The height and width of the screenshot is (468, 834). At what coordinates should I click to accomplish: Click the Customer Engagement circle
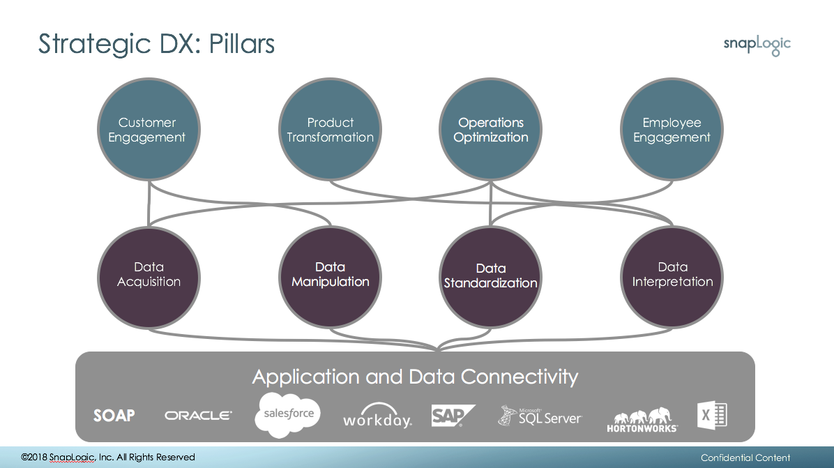(149, 129)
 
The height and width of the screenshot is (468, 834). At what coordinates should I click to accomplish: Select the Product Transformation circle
(331, 129)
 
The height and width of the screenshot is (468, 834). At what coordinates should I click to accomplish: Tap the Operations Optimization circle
(490, 129)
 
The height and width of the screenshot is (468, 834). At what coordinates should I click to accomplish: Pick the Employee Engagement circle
(672, 129)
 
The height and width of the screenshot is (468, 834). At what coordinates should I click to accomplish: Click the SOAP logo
(114, 416)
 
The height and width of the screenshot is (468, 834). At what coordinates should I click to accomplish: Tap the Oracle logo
(199, 416)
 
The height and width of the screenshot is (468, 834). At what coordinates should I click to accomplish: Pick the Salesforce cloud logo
(288, 415)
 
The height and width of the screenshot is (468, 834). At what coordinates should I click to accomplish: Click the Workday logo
(378, 416)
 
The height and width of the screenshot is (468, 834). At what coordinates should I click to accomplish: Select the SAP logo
(453, 416)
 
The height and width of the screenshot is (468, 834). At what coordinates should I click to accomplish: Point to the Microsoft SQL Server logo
(540, 416)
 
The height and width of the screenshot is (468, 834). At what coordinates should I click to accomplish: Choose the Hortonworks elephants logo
(642, 420)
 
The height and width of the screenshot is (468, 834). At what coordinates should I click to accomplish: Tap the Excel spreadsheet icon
(712, 415)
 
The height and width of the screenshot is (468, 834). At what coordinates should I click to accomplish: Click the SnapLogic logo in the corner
(757, 45)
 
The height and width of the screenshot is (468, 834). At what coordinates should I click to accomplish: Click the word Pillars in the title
(242, 44)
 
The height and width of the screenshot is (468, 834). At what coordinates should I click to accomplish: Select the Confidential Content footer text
(745, 458)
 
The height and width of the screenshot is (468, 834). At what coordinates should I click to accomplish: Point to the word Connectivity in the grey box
(519, 377)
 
